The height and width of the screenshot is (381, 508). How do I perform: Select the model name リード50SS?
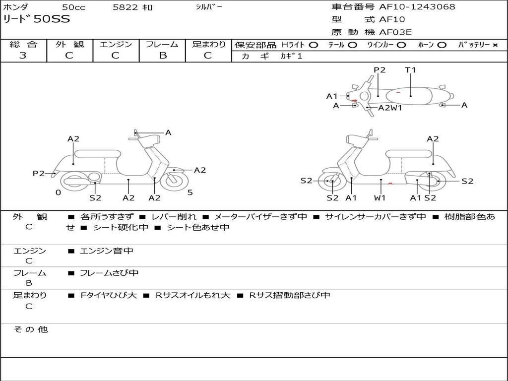tap(37, 19)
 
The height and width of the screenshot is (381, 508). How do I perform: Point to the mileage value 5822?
tap(126, 7)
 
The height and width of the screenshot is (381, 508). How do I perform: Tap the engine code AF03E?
tap(395, 33)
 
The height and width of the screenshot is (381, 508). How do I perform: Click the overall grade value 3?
tap(23, 56)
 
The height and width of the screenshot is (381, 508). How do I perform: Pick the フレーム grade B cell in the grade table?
tap(162, 56)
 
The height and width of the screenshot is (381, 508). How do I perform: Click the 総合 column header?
tap(23, 44)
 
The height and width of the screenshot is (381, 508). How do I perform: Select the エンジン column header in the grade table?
tap(116, 44)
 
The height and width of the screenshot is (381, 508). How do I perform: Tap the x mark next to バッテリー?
tap(495, 45)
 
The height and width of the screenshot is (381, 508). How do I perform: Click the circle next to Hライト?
tap(313, 45)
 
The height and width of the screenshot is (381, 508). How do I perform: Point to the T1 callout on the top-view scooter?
tap(410, 70)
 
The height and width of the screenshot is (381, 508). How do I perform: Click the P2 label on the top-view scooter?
tap(380, 70)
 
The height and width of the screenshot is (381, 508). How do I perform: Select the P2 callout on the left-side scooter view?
tap(39, 173)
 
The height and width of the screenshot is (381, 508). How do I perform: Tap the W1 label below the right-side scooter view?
tap(380, 198)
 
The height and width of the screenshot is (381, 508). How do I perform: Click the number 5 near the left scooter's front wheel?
tap(190, 192)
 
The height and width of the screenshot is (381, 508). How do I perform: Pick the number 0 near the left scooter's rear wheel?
tap(58, 192)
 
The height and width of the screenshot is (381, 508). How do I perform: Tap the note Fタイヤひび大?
tap(108, 295)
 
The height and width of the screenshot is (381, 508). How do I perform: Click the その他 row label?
tap(30, 329)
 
